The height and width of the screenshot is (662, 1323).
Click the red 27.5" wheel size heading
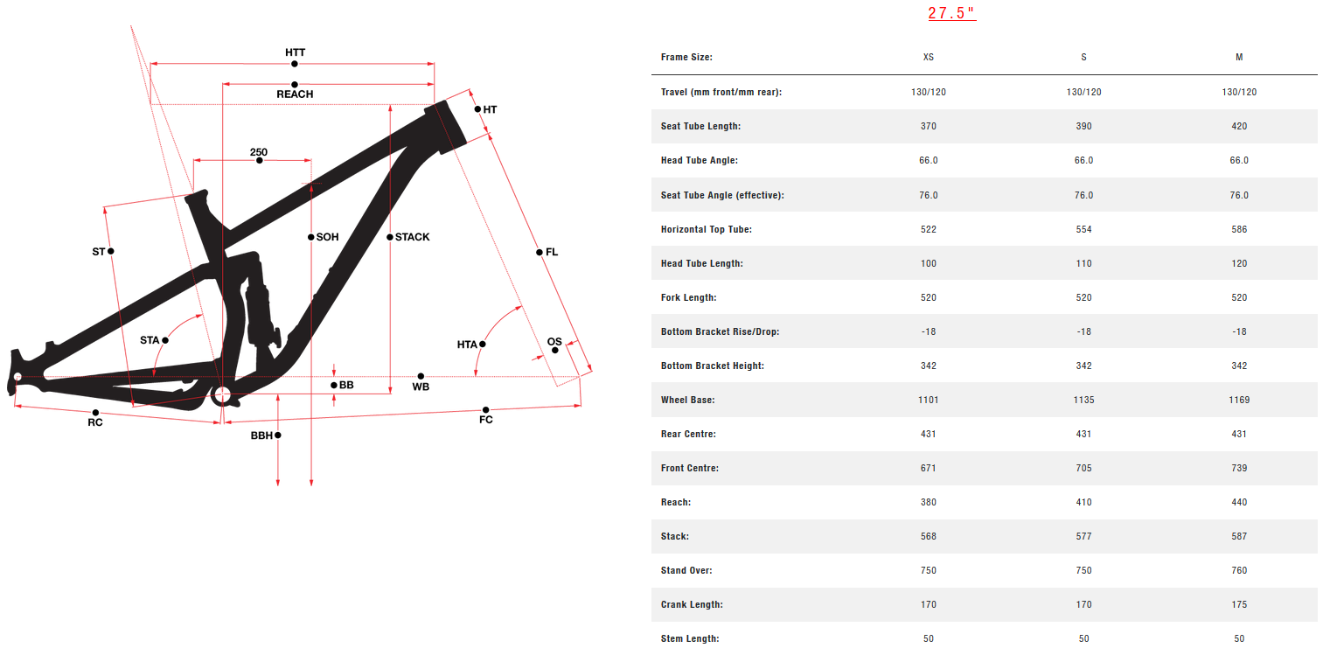click(x=951, y=13)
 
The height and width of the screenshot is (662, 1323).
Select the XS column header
click(x=929, y=57)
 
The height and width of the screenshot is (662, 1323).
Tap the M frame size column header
click(x=1239, y=57)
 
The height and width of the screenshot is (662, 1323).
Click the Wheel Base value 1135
click(x=1083, y=400)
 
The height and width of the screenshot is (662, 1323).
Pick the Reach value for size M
click(x=1239, y=502)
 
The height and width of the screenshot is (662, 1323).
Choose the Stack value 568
click(x=929, y=536)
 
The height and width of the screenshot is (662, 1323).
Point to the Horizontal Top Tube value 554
click(x=1083, y=229)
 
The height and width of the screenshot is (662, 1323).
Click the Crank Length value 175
click(x=1239, y=604)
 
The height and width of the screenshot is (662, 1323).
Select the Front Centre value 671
click(x=929, y=468)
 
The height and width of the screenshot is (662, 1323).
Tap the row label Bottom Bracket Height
click(x=713, y=366)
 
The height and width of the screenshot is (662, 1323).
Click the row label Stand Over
click(x=686, y=570)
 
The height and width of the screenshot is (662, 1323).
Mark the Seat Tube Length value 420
click(x=1239, y=126)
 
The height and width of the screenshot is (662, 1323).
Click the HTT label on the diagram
click(x=296, y=52)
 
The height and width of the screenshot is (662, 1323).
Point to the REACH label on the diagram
click(x=295, y=94)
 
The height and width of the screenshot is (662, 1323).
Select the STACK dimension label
click(x=413, y=237)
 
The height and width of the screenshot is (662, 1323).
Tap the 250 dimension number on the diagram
click(x=259, y=152)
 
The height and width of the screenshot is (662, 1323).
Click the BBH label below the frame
click(x=261, y=435)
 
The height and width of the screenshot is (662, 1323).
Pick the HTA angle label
click(x=467, y=345)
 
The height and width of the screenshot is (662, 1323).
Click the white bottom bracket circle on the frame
click(x=222, y=394)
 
